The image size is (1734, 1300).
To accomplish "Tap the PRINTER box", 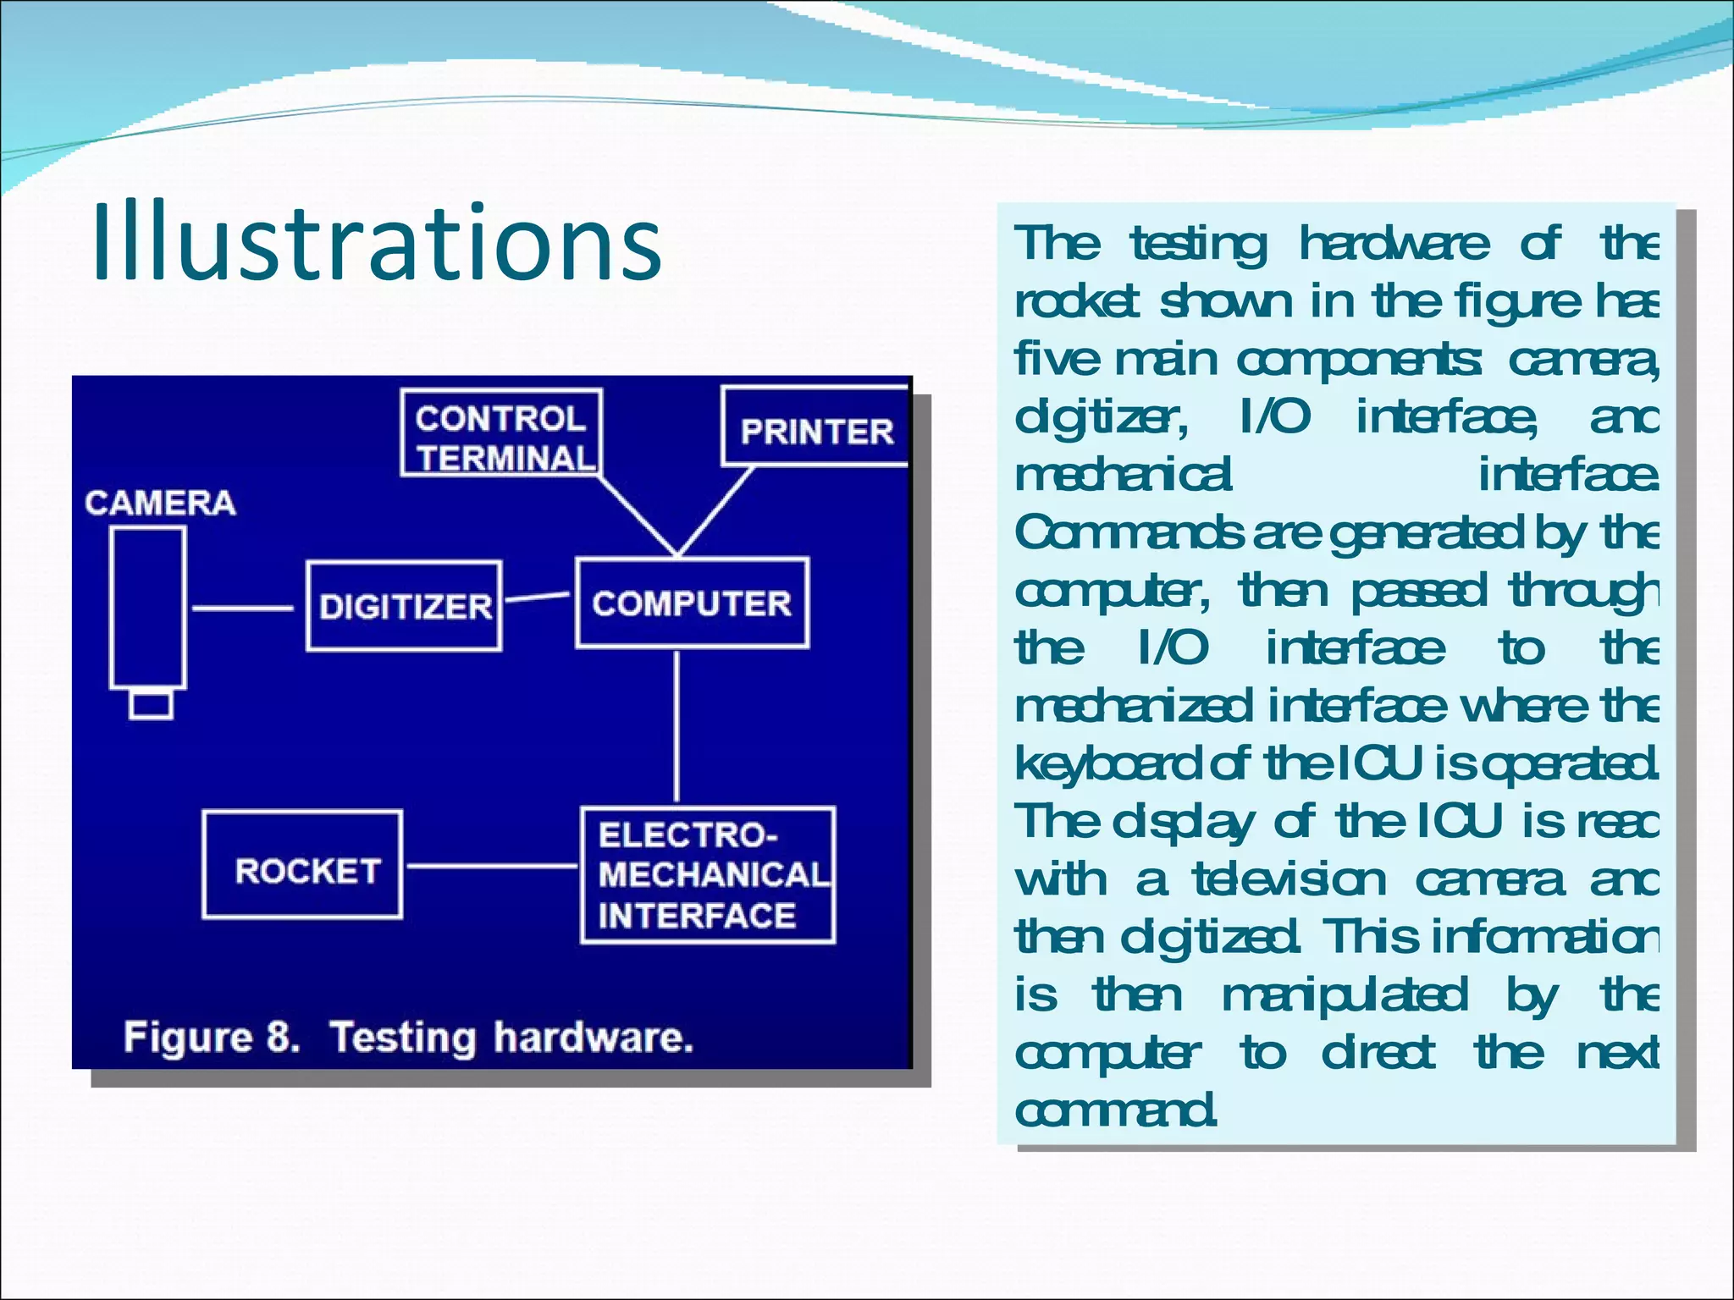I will [815, 427].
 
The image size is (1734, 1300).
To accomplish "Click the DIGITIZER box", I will [404, 606].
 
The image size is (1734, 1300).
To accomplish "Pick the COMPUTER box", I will [692, 603].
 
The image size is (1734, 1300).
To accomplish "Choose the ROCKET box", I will [302, 865].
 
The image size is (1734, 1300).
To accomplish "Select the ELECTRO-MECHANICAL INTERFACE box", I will [708, 875].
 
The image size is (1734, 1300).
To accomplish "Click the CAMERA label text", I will [160, 503].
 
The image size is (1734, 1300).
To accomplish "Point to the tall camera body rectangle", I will [148, 608].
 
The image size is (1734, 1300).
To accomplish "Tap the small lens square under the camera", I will [152, 705].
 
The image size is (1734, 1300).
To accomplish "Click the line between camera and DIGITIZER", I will [242, 608].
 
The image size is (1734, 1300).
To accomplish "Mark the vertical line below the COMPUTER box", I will [676, 726].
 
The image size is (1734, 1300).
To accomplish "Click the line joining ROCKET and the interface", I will [491, 866].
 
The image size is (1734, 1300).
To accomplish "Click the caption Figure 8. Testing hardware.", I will [408, 1037].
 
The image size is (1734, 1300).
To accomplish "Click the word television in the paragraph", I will [1289, 880].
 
